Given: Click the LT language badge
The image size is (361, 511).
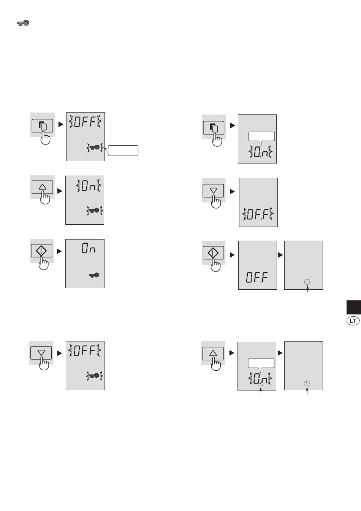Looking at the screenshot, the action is (x=353, y=321).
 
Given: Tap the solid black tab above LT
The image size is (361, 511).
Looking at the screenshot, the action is (x=354, y=307).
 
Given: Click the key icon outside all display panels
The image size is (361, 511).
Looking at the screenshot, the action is (x=23, y=23).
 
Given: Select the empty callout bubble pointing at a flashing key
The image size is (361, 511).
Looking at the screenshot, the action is (x=123, y=150).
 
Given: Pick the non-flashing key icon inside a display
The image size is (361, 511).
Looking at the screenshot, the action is (x=94, y=275).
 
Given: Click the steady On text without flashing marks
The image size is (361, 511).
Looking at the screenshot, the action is (x=89, y=248).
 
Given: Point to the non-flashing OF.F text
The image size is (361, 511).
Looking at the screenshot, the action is (x=257, y=278).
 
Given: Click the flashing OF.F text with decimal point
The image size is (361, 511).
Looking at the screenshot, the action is (x=258, y=214).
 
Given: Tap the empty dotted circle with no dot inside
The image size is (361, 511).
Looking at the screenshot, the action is (x=307, y=282).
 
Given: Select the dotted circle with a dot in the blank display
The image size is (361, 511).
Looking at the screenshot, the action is (x=307, y=383).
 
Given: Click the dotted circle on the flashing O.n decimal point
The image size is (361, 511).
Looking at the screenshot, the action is (x=260, y=384).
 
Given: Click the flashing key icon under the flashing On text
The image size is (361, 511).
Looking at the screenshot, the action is (x=95, y=210).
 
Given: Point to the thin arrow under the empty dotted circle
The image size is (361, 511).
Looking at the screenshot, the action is (x=307, y=289).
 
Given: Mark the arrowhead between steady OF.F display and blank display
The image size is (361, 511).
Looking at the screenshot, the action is (x=281, y=255).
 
